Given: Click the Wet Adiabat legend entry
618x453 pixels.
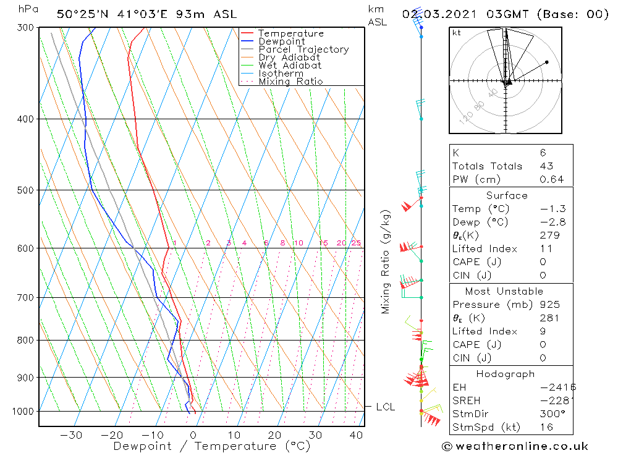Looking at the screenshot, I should pyautogui.click(x=290, y=66).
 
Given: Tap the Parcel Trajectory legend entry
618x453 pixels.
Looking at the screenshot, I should pyautogui.click(x=303, y=49).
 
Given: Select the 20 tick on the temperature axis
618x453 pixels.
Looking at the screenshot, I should pyautogui.click(x=274, y=435).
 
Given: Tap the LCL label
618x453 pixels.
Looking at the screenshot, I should pyautogui.click(x=385, y=407).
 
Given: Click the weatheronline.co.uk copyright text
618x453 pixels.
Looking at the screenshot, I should pyautogui.click(x=515, y=446).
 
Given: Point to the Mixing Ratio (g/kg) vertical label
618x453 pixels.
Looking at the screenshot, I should pyautogui.click(x=387, y=261).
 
